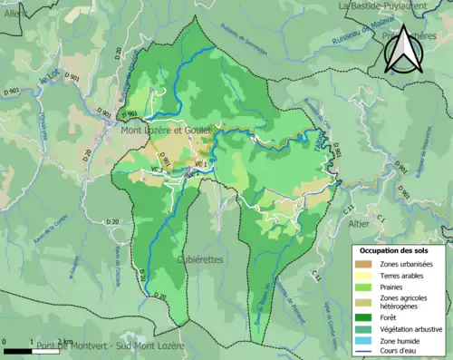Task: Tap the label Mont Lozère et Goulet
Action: coord(168,131)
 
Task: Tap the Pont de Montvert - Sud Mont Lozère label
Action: coord(111,346)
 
